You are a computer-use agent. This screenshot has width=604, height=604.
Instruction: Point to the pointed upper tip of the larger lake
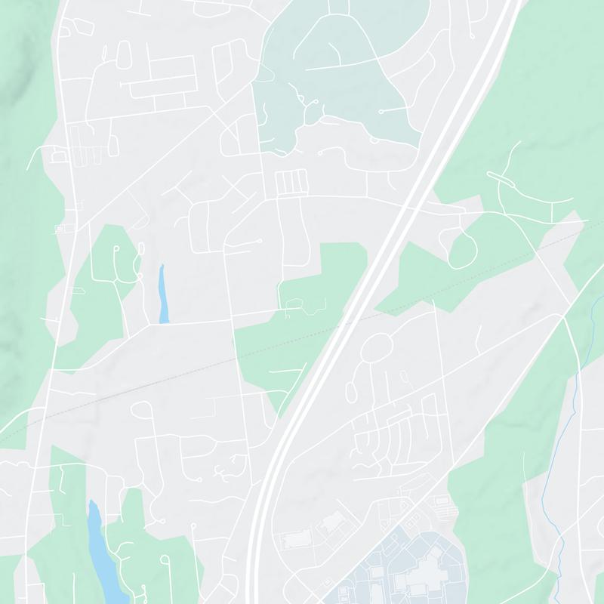tap(92, 502)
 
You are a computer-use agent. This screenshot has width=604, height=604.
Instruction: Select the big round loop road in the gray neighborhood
tap(376, 348)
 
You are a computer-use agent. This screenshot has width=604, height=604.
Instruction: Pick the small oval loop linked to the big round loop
tap(351, 390)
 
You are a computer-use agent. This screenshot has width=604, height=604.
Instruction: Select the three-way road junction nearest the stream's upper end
tap(564, 317)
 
